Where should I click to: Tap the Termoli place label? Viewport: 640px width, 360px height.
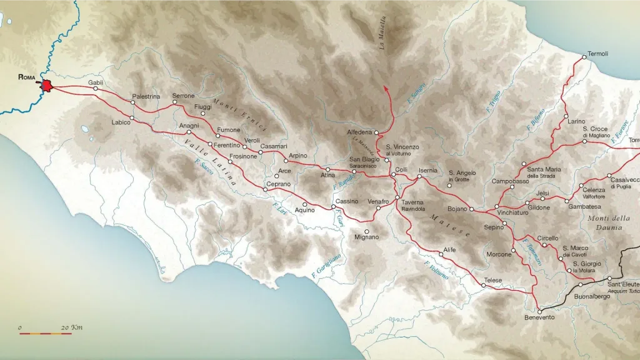pyautogui.click(x=598, y=54)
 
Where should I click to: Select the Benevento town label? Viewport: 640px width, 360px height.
pyautogui.click(x=539, y=317)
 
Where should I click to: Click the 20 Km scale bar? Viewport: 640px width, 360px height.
pyautogui.click(x=45, y=333)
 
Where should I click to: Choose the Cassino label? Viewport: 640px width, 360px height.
pyautogui.click(x=347, y=201)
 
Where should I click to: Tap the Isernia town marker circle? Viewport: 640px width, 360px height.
pyautogui.click(x=420, y=177)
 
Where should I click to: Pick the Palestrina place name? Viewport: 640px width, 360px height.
pyautogui.click(x=146, y=97)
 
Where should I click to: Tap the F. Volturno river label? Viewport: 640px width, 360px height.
pyautogui.click(x=436, y=274)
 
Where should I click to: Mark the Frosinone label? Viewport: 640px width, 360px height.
pyautogui.click(x=243, y=156)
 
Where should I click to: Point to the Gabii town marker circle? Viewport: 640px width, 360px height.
pyautogui.click(x=96, y=89)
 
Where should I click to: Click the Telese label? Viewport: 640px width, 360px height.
pyautogui.click(x=493, y=281)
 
